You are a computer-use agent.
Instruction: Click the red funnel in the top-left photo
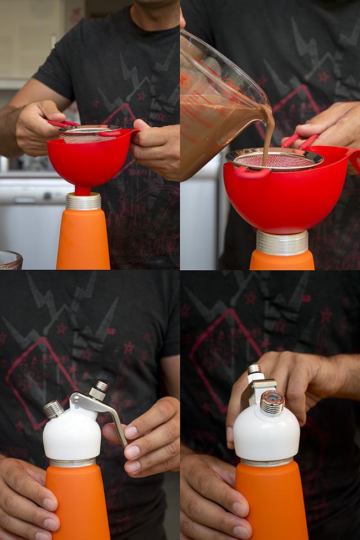click(x=83, y=158)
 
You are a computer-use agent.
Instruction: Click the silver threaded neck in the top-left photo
click(x=83, y=200)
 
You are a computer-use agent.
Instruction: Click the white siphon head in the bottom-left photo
click(x=72, y=435)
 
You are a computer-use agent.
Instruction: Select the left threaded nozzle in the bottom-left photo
click(x=53, y=409)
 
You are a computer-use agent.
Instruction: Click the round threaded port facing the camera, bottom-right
click(x=272, y=402)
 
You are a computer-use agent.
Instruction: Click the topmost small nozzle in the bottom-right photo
click(x=254, y=370)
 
